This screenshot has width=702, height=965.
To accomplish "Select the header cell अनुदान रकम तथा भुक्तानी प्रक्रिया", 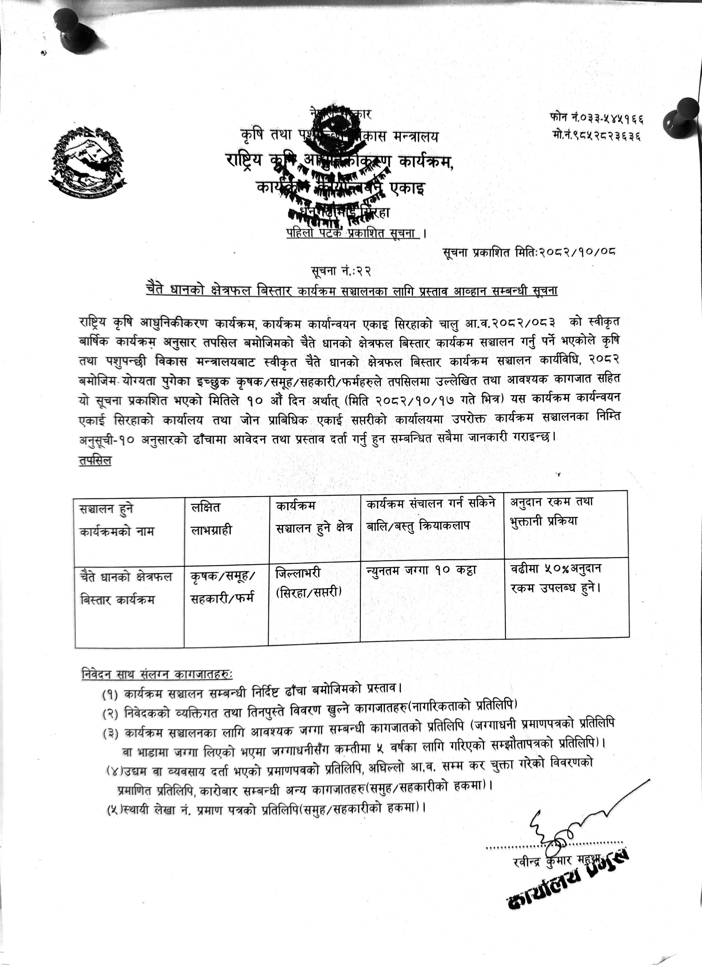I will pyautogui.click(x=552, y=512).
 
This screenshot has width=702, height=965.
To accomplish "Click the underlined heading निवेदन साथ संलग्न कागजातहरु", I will pyautogui.click(x=157, y=674).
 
